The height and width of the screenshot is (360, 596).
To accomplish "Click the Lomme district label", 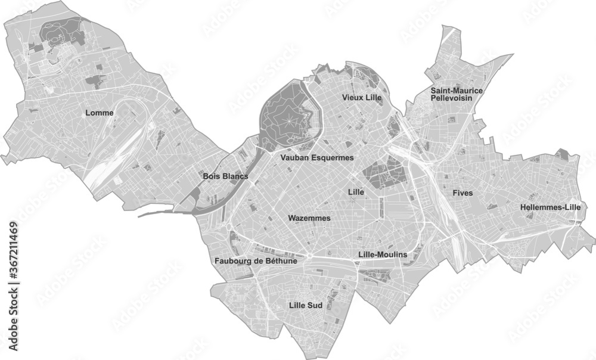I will (x=99, y=112).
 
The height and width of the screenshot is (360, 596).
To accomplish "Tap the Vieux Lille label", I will (x=361, y=97).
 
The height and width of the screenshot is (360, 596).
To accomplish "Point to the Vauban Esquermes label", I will (x=316, y=158).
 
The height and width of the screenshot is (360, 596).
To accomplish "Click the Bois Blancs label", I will (x=225, y=176).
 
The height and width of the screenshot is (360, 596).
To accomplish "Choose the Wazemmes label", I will (x=309, y=218).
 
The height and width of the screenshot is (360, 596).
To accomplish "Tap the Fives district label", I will (x=462, y=193).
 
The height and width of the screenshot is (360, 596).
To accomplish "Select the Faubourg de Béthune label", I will (x=256, y=260).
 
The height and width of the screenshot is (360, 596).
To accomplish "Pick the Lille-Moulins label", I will (x=383, y=255).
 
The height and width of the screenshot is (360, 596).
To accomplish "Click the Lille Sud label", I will (x=305, y=306).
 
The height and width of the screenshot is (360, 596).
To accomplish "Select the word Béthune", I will (x=283, y=260).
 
